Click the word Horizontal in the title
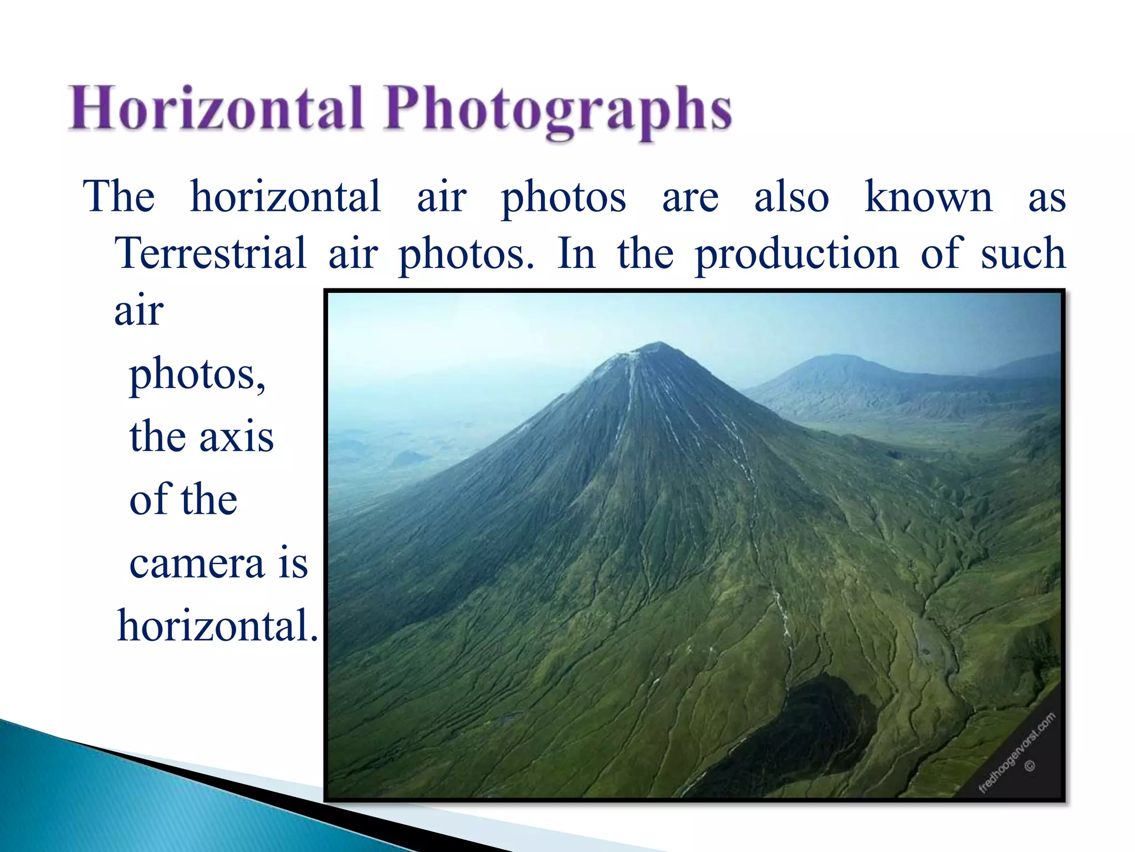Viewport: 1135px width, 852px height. pos(215,109)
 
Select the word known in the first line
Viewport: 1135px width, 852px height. pos(928,197)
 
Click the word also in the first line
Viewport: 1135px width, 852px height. pos(791,197)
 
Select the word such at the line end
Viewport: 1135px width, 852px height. pos(1022,253)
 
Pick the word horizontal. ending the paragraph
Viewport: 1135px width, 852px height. pos(218,626)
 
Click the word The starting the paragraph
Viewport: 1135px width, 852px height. pos(119,197)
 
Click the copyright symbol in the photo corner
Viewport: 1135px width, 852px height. pos(1030,767)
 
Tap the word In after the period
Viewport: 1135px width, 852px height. pos(576,253)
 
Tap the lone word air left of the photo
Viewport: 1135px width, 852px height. pos(139,311)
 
